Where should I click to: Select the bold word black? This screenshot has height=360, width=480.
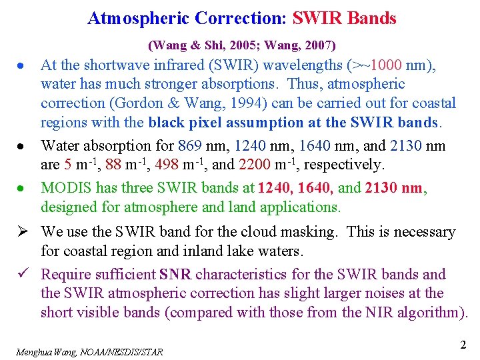click(167, 123)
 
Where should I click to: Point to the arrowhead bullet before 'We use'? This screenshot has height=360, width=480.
click(19, 232)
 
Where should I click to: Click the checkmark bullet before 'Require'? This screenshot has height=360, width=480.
click(19, 274)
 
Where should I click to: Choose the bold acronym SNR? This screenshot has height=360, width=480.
click(175, 275)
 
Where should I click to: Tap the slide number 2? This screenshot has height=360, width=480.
click(463, 345)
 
